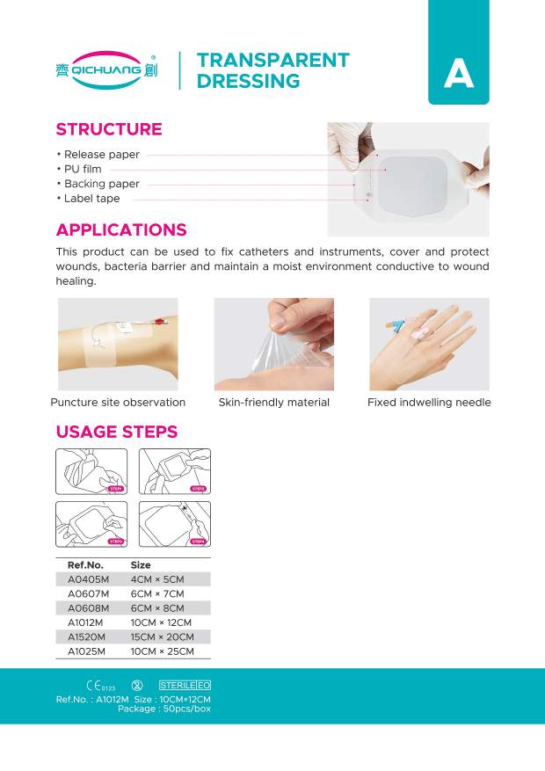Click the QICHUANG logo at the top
click(x=106, y=70)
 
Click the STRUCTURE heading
click(x=109, y=129)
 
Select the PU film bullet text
click(x=83, y=169)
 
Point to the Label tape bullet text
click(x=91, y=199)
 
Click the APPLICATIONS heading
click(x=121, y=230)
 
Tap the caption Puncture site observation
click(x=118, y=403)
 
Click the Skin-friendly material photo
click(x=273, y=344)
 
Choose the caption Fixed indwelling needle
click(x=429, y=403)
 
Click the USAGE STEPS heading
click(x=117, y=432)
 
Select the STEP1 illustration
click(x=91, y=471)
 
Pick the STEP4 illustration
click(x=175, y=524)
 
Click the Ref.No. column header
click(x=86, y=564)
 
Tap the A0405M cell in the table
click(x=88, y=579)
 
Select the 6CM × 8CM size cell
click(x=157, y=607)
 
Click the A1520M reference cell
click(x=87, y=636)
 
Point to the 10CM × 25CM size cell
click(x=161, y=651)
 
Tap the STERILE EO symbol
click(x=185, y=685)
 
